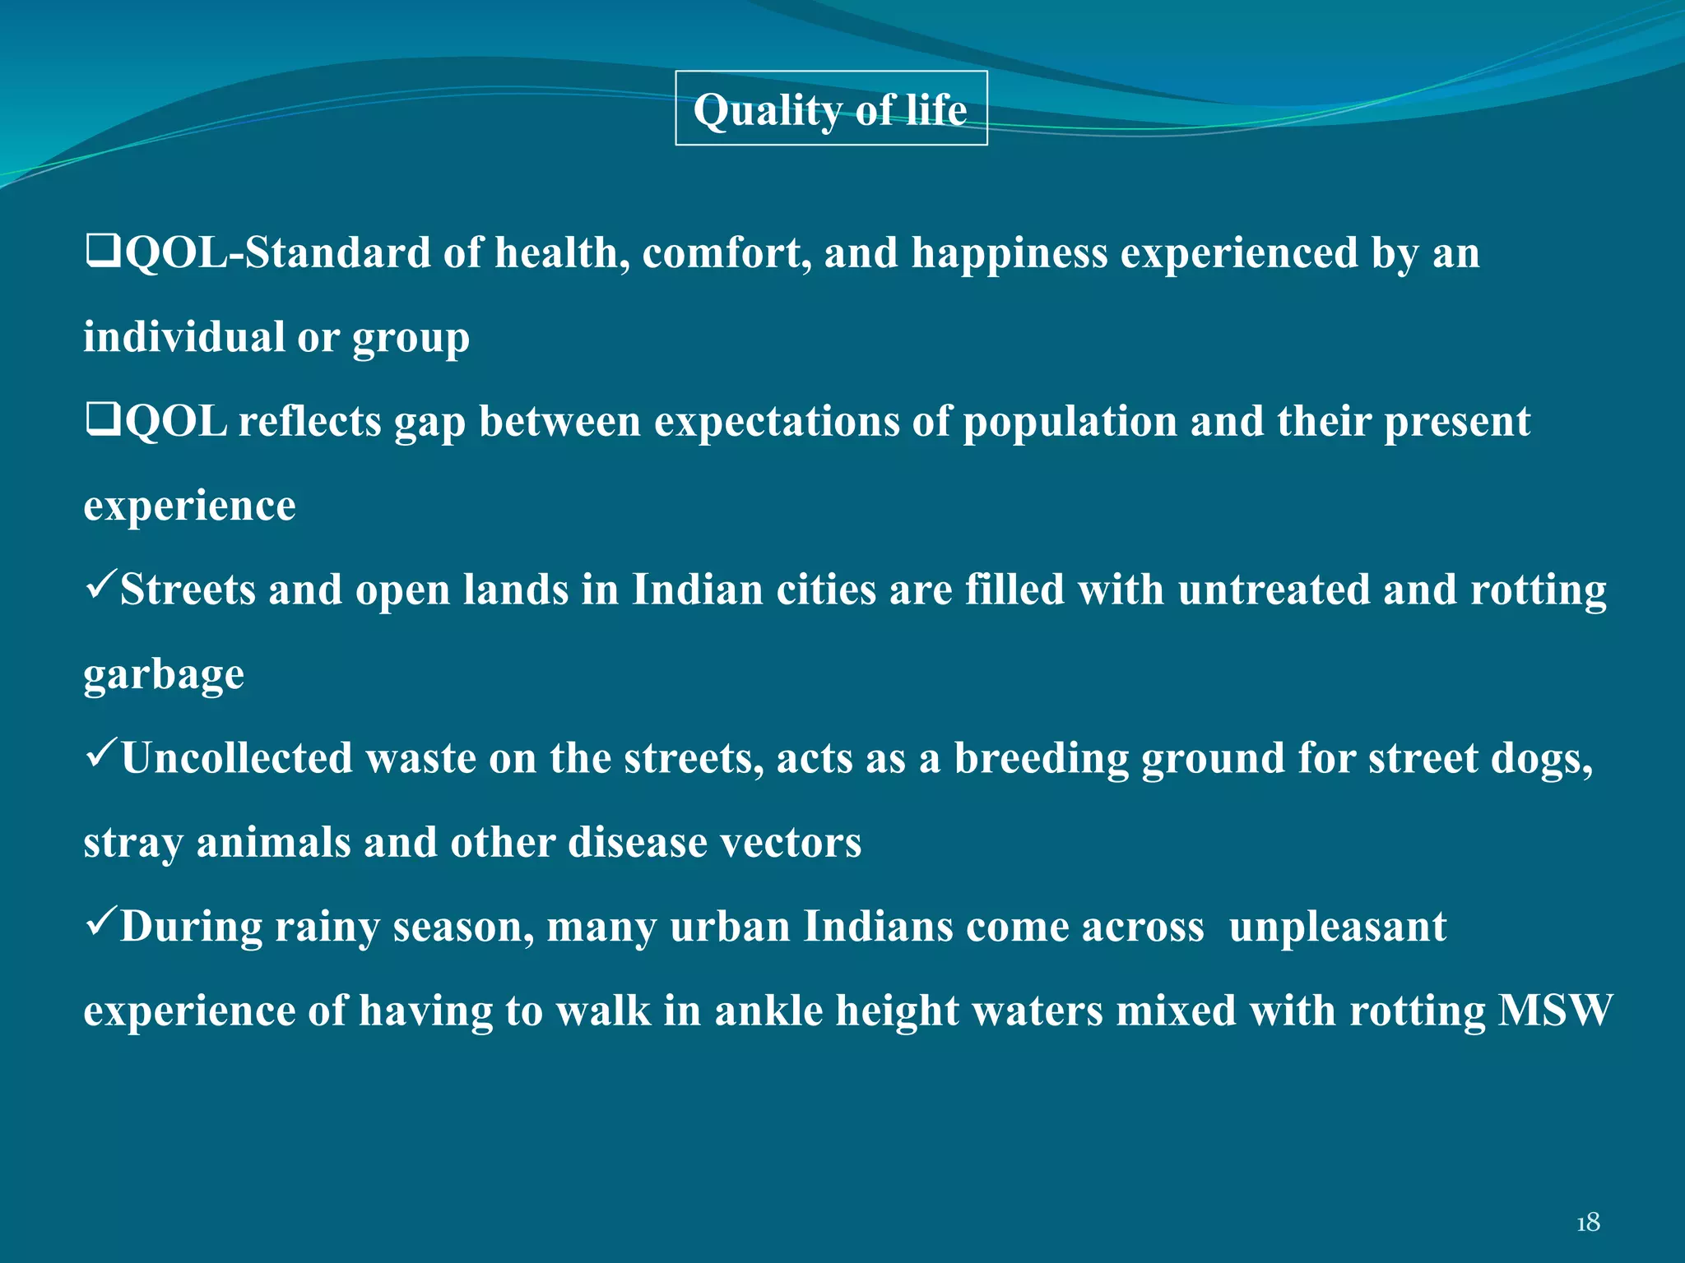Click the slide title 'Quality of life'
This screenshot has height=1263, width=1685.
point(830,109)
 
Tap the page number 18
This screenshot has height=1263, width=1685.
point(1587,1223)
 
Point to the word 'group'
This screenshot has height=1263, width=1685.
point(411,339)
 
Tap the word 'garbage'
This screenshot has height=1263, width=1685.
point(164,676)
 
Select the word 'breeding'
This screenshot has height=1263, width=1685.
point(1041,759)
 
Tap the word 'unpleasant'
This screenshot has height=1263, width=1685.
point(1338,928)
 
